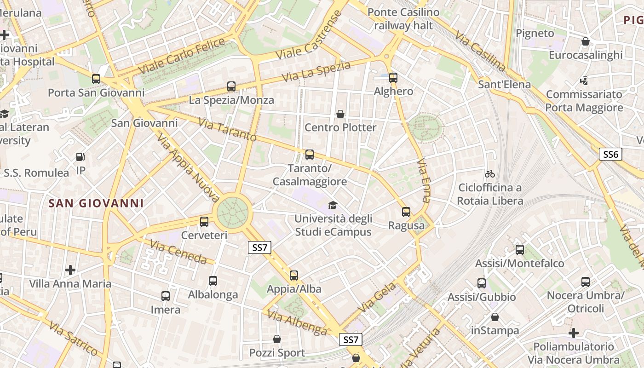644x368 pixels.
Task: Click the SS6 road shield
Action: [x=610, y=154]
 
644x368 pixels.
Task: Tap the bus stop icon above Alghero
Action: [x=393, y=77]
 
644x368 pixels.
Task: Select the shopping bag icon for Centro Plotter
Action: [x=340, y=114]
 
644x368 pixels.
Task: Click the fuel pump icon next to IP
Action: [x=80, y=157]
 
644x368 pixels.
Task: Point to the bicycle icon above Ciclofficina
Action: [x=490, y=174]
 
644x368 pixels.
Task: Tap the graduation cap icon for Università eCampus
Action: [x=333, y=205]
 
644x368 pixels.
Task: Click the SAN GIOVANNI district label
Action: [x=96, y=203]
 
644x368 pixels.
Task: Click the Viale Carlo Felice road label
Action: [x=183, y=57]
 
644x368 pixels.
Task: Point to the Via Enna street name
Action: [x=423, y=181]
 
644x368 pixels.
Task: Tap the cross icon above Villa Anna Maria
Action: [x=70, y=270]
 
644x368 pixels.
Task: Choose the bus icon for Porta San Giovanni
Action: [x=96, y=79]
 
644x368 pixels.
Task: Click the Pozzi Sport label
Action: [x=277, y=353]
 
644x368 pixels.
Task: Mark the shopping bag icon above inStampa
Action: [x=495, y=317]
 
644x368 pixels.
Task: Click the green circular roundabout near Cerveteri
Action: [x=233, y=213]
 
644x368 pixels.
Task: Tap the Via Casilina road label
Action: [x=480, y=51]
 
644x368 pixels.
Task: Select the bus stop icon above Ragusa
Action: [x=406, y=212]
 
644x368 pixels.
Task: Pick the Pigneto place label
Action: [x=535, y=33]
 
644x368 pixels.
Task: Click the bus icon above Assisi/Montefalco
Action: [x=520, y=250]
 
